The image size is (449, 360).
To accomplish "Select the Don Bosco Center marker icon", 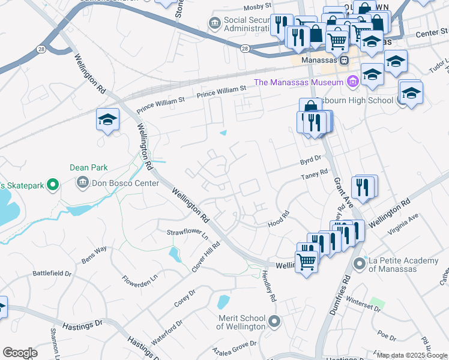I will click(x=81, y=182).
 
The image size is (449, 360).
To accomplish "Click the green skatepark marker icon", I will click(x=53, y=185).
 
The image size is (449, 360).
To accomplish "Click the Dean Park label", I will click(x=88, y=168).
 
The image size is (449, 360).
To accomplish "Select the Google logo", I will click(x=20, y=352).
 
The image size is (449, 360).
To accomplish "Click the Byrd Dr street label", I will click(x=311, y=161).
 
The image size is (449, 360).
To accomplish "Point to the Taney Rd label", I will click(x=315, y=175).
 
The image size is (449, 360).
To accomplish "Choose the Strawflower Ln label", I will click(x=187, y=233).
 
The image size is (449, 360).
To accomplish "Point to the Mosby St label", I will click(x=258, y=8).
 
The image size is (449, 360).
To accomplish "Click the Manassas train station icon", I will click(x=344, y=60).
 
